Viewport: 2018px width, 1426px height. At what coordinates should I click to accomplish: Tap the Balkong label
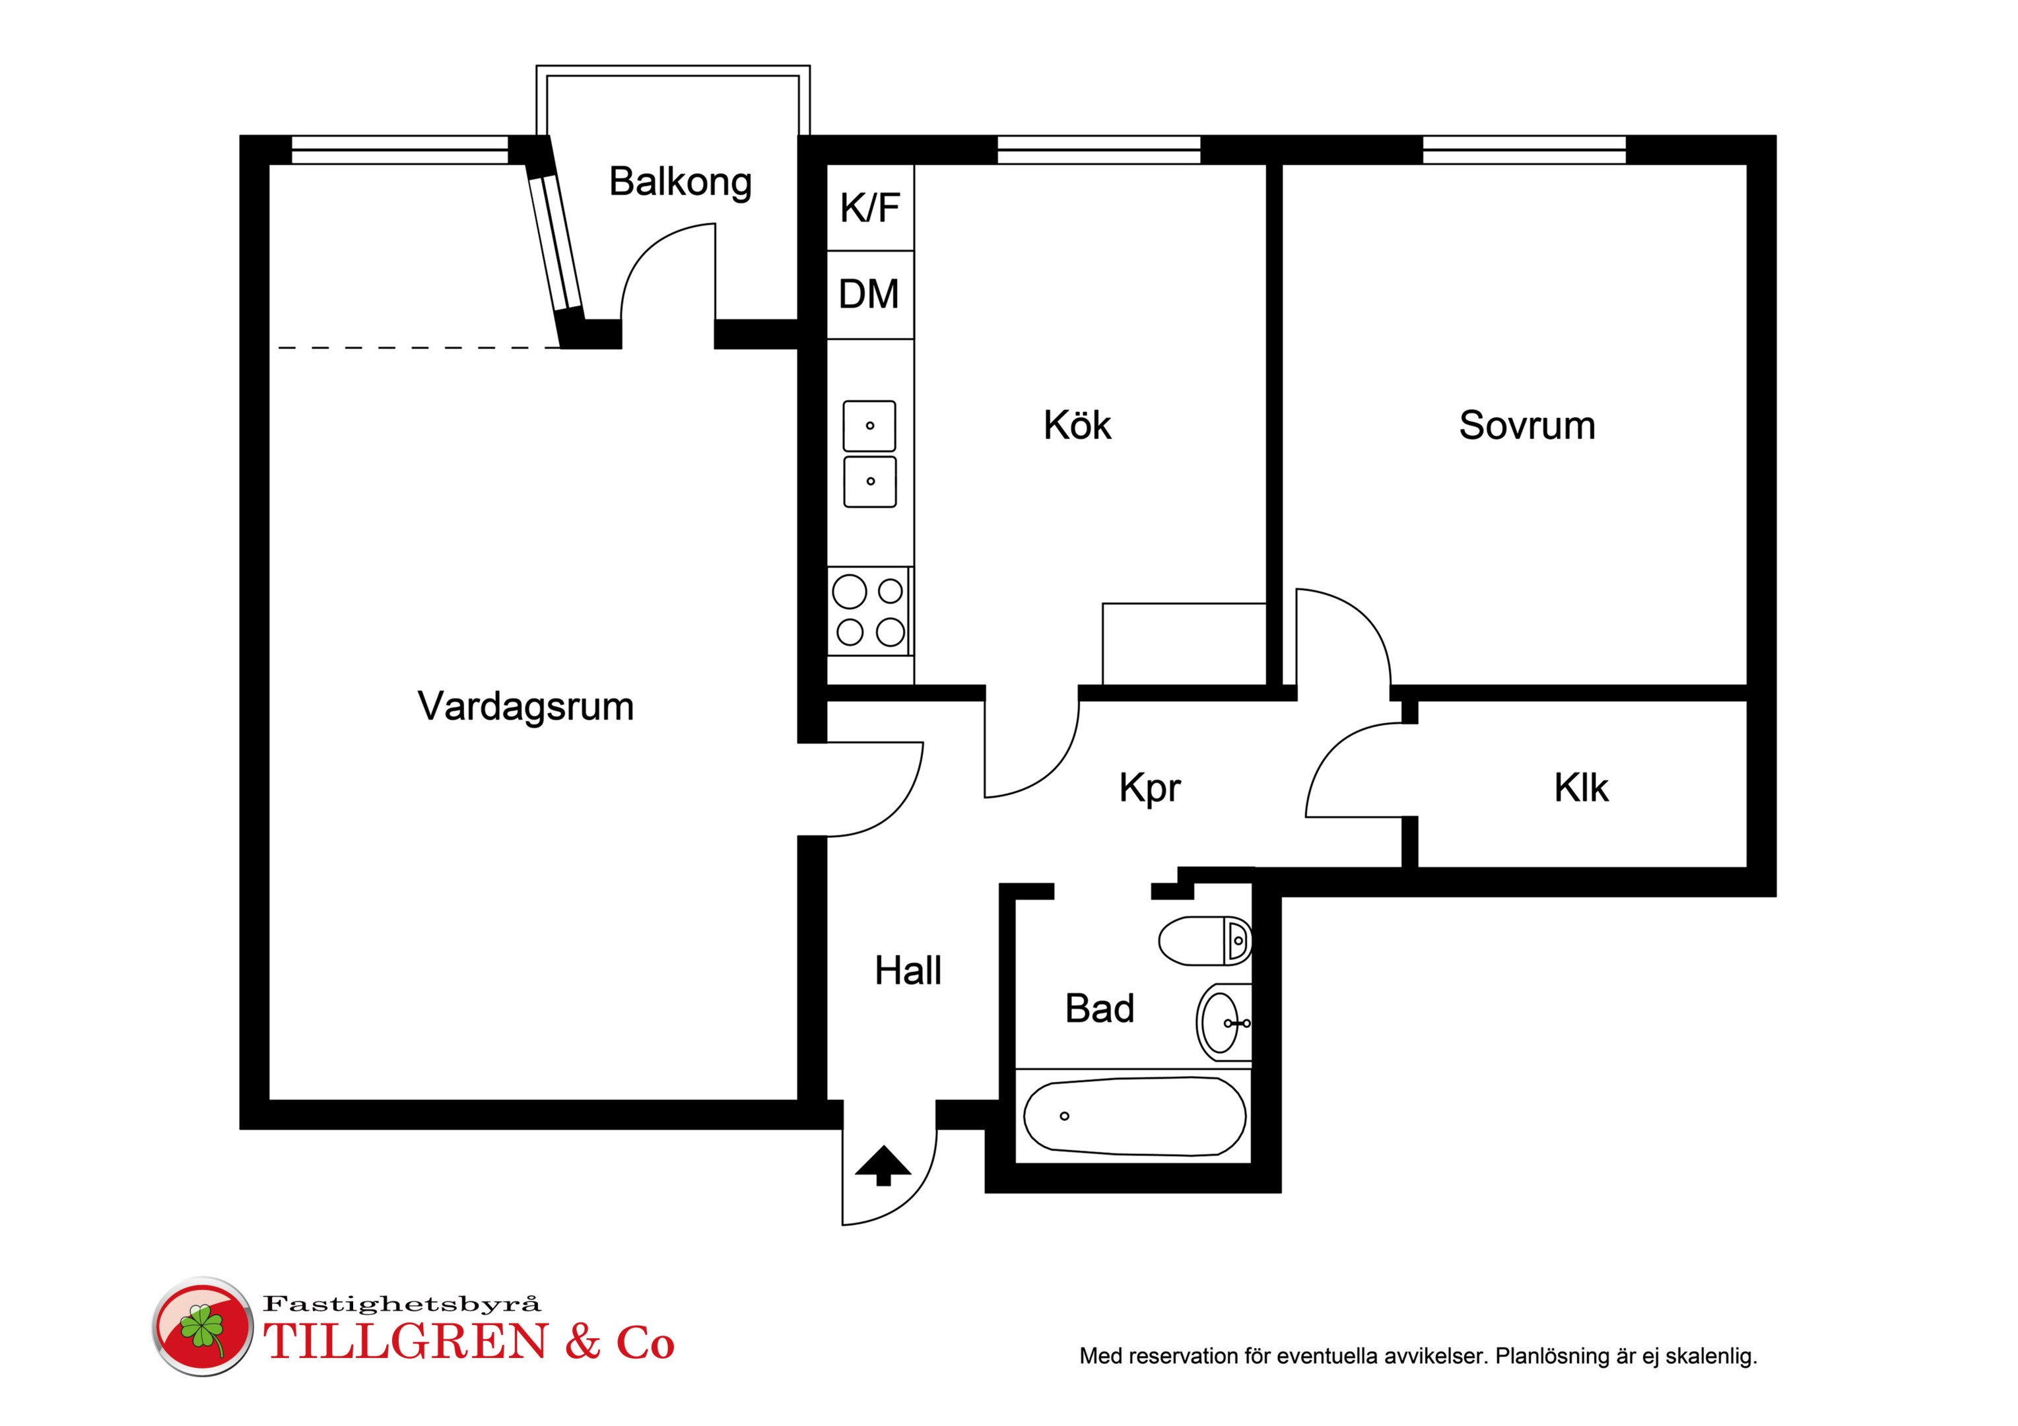(x=681, y=183)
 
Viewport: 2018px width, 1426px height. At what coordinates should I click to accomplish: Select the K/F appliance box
(x=870, y=207)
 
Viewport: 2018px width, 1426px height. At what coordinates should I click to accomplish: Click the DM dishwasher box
(x=870, y=294)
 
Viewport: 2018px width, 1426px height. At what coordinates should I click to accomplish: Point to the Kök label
(x=1077, y=426)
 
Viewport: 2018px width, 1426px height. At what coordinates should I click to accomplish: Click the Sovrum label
(x=1527, y=426)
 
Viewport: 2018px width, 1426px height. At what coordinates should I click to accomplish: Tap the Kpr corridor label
(x=1150, y=789)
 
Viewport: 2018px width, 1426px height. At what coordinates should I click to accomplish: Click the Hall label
(x=908, y=970)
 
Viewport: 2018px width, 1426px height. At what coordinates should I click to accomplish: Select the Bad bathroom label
(x=1100, y=1008)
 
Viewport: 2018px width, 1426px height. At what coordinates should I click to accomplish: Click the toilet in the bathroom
(x=1205, y=941)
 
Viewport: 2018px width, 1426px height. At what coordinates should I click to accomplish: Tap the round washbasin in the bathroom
(x=1223, y=1023)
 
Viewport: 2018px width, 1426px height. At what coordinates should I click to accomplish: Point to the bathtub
(x=1135, y=1116)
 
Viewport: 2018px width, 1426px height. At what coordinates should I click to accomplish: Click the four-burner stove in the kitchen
(x=869, y=611)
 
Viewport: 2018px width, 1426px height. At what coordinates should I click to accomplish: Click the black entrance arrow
(x=883, y=1166)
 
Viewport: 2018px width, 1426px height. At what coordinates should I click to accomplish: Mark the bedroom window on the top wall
(x=1524, y=149)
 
